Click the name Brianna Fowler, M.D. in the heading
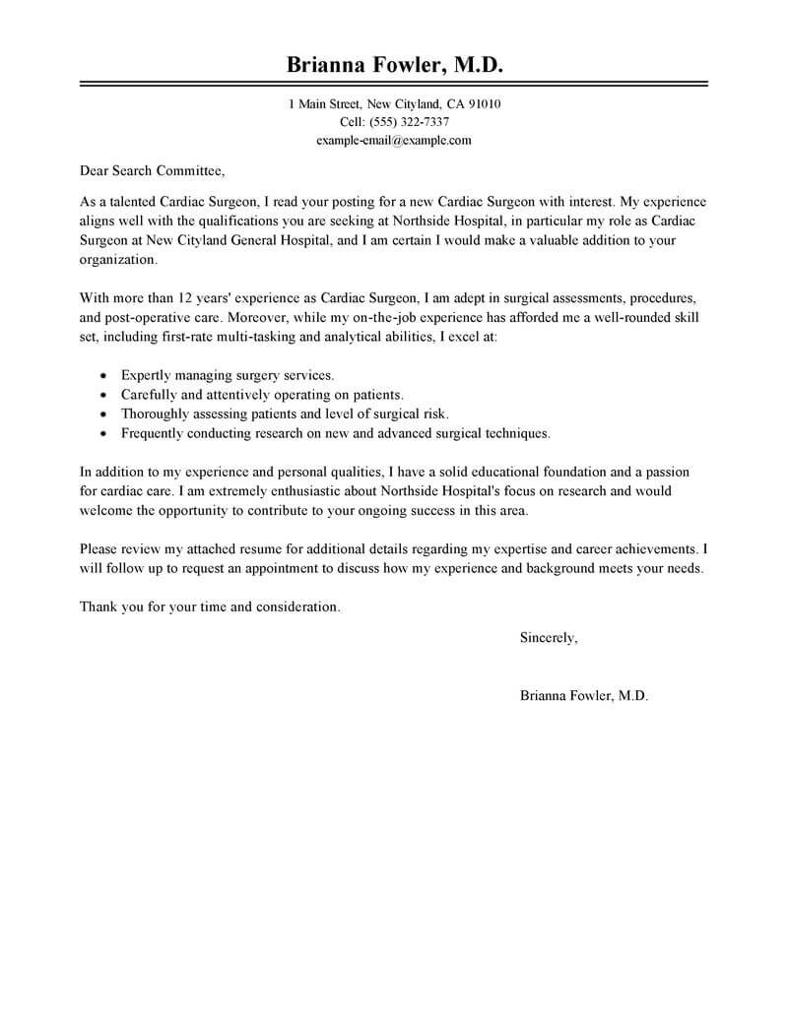point(394,65)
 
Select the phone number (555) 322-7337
point(409,122)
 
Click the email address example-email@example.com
point(394,140)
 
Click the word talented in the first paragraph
point(133,201)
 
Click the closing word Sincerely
point(548,638)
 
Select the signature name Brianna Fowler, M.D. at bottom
point(584,695)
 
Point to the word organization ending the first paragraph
point(116,261)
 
